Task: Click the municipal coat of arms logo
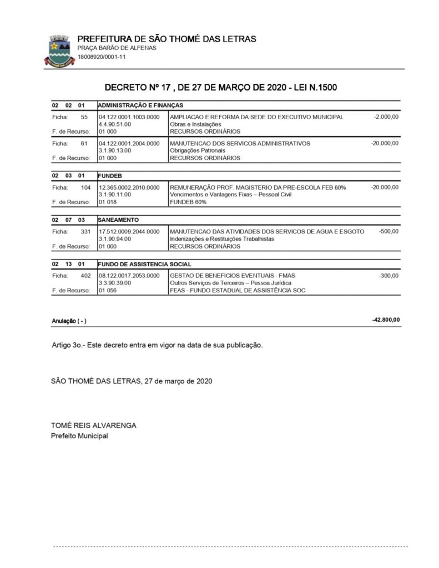58,50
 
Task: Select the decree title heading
221,88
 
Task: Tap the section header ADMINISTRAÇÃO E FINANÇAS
140,105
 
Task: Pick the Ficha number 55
84,117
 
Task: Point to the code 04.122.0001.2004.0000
129,143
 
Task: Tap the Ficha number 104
85,188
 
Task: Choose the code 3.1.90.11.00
115,195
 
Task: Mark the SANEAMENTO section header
119,220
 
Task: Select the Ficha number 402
85,276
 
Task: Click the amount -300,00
388,276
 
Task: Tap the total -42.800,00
386,320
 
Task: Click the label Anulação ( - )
69,321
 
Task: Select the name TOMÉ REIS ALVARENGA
94,425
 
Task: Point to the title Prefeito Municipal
79,435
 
